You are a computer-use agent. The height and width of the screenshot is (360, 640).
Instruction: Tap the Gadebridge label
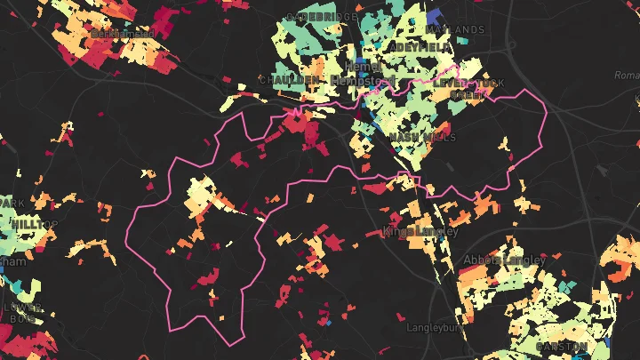pos(321,18)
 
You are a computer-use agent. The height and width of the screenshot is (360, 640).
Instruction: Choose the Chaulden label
pos(288,80)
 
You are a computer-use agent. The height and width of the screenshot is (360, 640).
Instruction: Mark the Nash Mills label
pos(422,138)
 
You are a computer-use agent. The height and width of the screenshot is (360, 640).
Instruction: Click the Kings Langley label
pos(420,232)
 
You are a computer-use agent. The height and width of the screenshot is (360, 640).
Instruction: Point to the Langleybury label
pos(436,328)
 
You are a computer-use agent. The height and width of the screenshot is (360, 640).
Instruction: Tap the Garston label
pos(561,346)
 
